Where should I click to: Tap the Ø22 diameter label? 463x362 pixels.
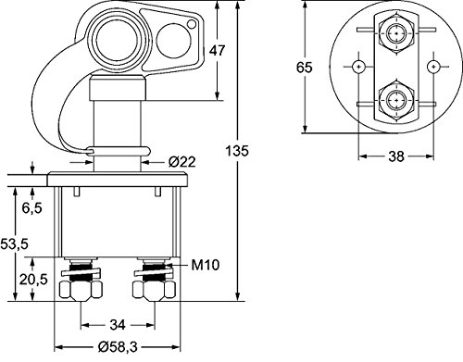(181, 163)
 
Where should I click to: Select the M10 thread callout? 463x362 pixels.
(204, 267)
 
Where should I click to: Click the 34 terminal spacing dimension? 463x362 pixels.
(118, 324)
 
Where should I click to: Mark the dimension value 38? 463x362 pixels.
(395, 157)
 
